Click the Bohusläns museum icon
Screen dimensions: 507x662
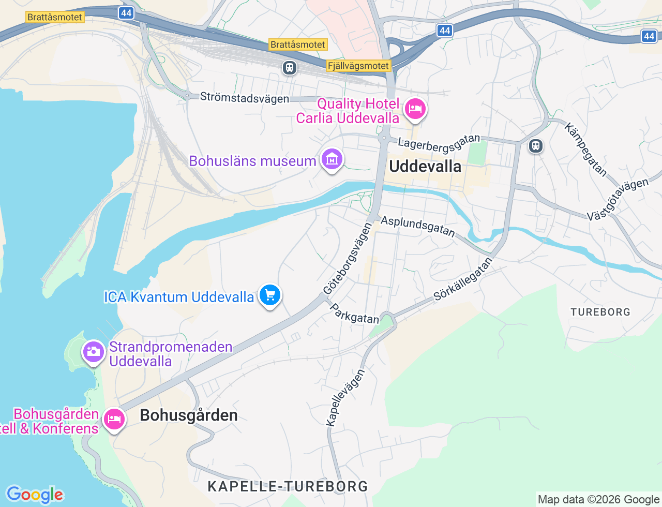click(332, 159)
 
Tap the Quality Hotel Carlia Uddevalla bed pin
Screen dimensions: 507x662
click(415, 109)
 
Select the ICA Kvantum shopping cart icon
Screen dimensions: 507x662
click(269, 295)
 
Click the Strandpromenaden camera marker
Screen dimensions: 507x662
click(93, 352)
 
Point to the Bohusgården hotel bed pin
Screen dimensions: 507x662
click(114, 419)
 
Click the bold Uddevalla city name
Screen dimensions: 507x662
click(425, 166)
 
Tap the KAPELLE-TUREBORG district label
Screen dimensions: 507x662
click(288, 486)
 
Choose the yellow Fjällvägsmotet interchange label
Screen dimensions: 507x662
click(358, 66)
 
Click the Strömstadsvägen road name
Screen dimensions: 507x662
click(244, 97)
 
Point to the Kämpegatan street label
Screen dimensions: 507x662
click(585, 150)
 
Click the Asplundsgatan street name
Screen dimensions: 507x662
click(418, 227)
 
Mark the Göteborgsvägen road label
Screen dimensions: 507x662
click(348, 259)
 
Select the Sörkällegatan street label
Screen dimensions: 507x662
click(463, 279)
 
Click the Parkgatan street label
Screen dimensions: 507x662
click(354, 314)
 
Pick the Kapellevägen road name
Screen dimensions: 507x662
click(345, 397)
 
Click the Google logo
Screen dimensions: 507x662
click(35, 495)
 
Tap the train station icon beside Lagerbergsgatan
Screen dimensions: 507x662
click(535, 146)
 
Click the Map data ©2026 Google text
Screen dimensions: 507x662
click(598, 499)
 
